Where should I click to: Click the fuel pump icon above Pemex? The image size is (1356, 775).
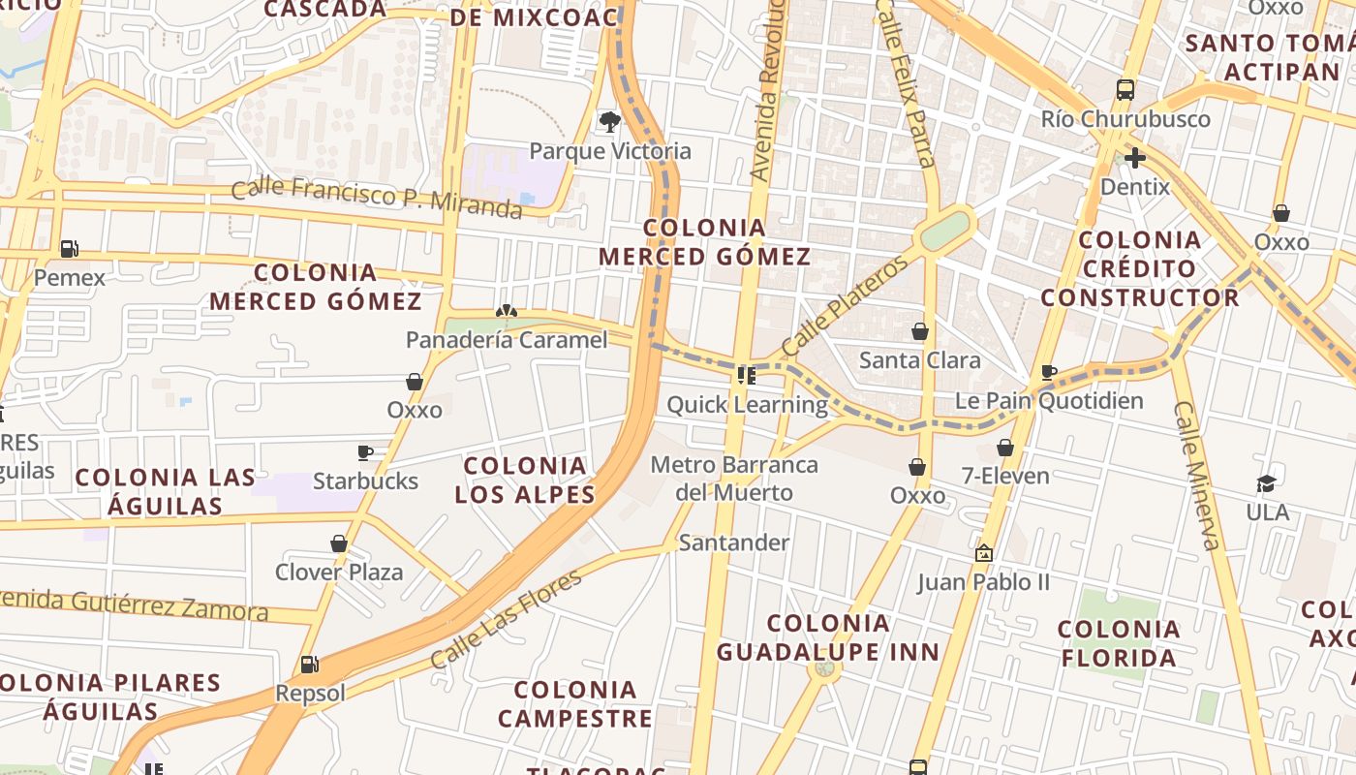pos(69,248)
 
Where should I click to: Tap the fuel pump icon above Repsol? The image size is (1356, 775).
pos(310,665)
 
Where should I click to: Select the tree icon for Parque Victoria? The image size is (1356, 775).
pos(609,121)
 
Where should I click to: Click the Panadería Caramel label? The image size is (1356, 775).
pos(507,340)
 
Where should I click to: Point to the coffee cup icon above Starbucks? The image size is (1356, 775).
pos(365,452)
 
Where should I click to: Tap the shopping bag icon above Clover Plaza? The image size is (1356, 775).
pos(339,543)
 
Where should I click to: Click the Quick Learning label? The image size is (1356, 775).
pos(747,404)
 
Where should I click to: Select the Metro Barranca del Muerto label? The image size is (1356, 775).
pos(734,479)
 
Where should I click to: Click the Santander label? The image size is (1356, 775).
pos(734,542)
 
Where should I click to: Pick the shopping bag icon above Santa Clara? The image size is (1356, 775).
pos(920,331)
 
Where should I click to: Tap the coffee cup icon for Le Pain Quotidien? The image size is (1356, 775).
pos(1048,372)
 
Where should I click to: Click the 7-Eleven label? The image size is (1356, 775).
pos(1005,476)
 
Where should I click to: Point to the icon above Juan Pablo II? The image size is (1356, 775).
pos(984,553)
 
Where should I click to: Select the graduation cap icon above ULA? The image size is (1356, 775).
pos(1266,483)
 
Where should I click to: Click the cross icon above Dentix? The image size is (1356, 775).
pos(1135,157)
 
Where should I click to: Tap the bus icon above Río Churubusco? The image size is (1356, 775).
pos(1125,90)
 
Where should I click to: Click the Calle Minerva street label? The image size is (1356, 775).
pos(1197,475)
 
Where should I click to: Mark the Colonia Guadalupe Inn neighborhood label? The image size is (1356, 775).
pos(828,637)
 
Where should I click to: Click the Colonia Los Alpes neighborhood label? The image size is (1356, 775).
pos(525,480)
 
